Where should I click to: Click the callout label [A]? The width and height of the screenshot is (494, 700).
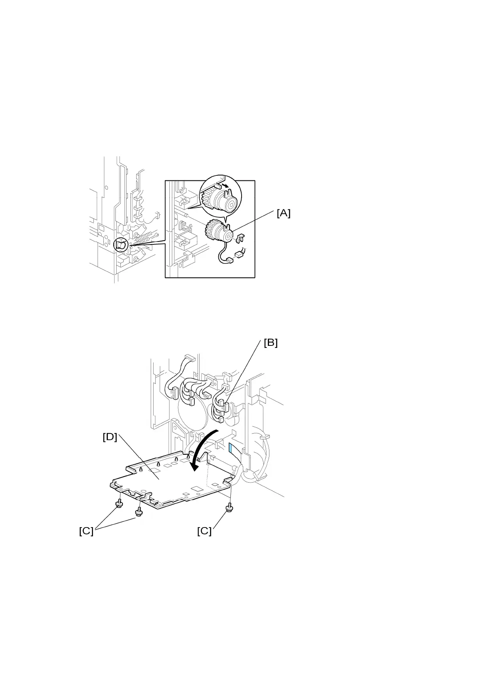click(284, 213)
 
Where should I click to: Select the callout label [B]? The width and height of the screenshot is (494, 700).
click(271, 343)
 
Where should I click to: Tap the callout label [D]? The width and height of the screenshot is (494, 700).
click(110, 437)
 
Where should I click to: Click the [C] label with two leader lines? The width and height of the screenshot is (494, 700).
click(86, 531)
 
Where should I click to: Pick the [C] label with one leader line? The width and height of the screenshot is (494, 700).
click(204, 531)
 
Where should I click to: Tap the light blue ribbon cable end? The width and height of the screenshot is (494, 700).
click(231, 448)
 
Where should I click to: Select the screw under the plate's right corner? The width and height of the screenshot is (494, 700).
click(229, 508)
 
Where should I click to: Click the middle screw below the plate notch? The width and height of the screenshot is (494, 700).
click(138, 511)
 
